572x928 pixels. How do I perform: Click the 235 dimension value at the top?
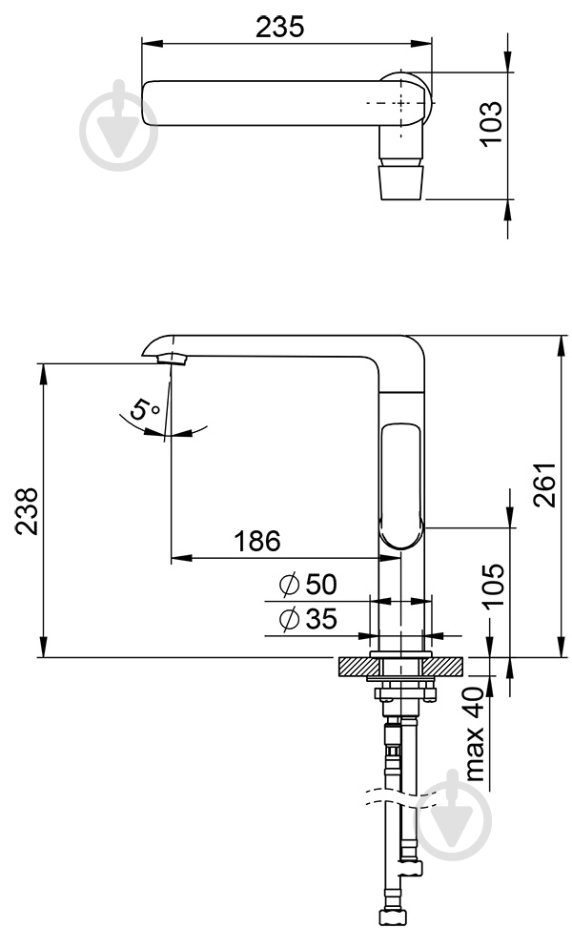click(x=279, y=27)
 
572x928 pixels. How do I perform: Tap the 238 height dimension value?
click(x=27, y=511)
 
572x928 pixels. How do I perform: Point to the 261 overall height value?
click(x=544, y=485)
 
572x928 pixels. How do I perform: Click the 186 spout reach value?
click(x=257, y=541)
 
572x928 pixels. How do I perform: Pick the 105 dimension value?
click(x=493, y=585)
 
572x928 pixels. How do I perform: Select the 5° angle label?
click(x=144, y=409)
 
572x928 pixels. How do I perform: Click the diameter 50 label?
click(x=308, y=585)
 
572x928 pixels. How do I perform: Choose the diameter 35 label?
click(x=308, y=619)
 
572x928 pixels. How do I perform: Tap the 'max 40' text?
click(x=475, y=733)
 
